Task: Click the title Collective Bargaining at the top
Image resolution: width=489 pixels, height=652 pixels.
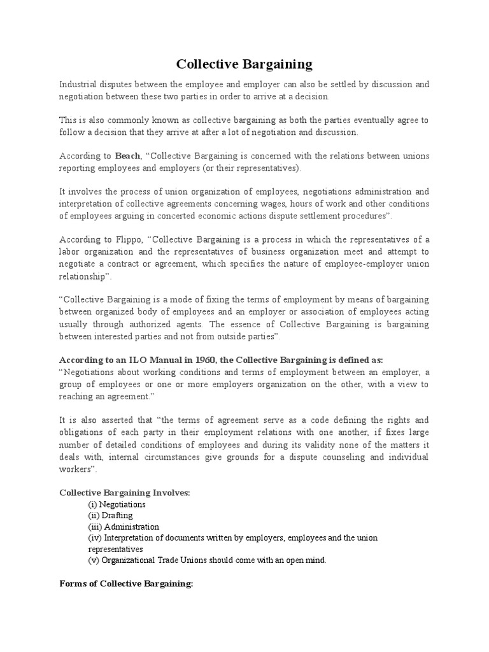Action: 244,64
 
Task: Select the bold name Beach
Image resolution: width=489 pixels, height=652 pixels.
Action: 127,156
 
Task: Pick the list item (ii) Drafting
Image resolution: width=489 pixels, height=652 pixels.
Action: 110,515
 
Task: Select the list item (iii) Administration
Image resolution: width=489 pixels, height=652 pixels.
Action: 124,527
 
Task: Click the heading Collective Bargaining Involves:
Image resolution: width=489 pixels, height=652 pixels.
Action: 124,492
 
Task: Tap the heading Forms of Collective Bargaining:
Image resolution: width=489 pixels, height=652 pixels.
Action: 125,584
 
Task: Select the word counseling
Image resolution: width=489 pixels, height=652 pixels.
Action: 348,458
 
